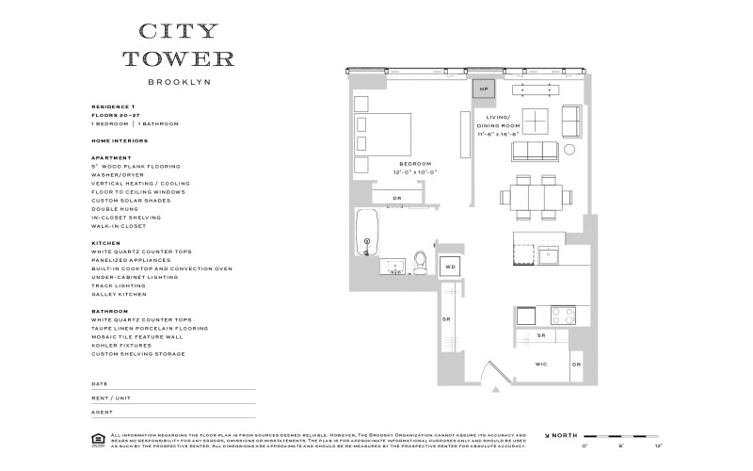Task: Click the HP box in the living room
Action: tap(483, 89)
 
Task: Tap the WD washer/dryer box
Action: tap(450, 267)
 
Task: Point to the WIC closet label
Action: tap(540, 364)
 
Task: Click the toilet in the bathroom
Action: tap(421, 262)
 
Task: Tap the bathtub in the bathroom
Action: tap(366, 232)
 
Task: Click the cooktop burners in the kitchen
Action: tap(563, 315)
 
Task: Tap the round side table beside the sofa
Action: tap(569, 150)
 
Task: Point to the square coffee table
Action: tap(536, 122)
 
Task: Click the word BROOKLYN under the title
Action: tap(180, 81)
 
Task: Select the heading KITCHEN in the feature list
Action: tap(105, 243)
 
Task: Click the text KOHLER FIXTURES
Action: tap(121, 345)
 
